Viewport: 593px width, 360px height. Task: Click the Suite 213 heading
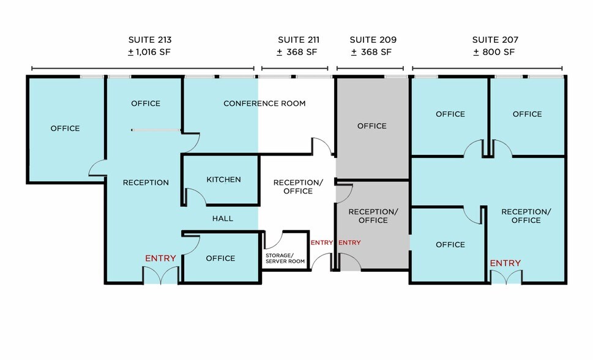click(x=150, y=40)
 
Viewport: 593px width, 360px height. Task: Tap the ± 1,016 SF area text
click(x=149, y=52)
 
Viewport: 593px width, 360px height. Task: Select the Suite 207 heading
click(x=495, y=40)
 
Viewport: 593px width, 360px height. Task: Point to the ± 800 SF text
click(x=494, y=52)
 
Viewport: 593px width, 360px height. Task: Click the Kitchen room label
click(x=223, y=179)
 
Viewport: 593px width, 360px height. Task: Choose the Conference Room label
click(x=264, y=103)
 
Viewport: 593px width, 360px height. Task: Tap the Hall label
click(x=222, y=219)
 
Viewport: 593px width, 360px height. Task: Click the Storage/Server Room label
click(x=285, y=258)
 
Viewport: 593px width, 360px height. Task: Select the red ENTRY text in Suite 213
click(x=160, y=258)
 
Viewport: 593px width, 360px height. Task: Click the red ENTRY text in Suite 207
click(x=505, y=263)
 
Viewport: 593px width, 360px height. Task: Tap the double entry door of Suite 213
click(x=160, y=276)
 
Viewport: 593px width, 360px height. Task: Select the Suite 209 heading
click(x=373, y=40)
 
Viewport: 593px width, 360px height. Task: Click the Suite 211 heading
click(x=299, y=40)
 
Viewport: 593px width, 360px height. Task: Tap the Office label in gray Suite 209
click(x=371, y=126)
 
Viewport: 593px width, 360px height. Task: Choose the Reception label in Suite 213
click(x=146, y=183)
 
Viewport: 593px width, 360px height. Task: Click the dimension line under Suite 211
click(x=294, y=69)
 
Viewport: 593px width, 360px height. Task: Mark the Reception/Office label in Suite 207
click(x=526, y=216)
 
